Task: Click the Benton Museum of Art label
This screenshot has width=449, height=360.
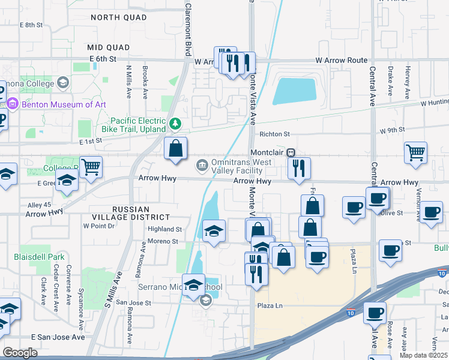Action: tap(64, 104)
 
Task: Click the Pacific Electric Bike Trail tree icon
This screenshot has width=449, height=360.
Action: tap(175, 124)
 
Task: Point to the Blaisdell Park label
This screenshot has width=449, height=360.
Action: tap(38, 257)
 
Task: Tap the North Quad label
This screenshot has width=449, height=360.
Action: tap(118, 18)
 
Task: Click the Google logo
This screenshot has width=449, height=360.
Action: tap(20, 352)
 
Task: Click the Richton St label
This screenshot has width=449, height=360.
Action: tap(274, 134)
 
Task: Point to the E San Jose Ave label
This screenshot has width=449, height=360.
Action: tap(58, 337)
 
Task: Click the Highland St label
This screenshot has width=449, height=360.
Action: tap(166, 229)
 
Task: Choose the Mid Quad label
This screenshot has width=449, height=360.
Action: tap(109, 47)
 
